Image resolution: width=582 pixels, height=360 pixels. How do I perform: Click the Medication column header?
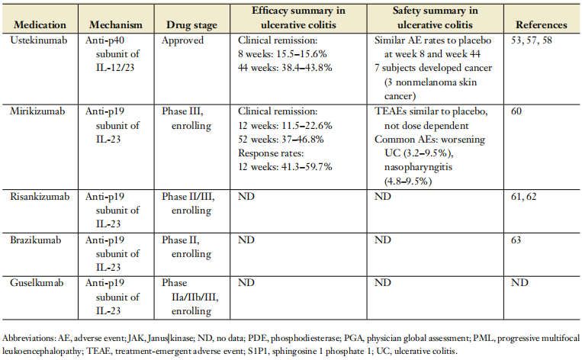click(x=40, y=25)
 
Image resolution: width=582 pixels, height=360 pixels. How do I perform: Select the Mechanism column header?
click(x=116, y=25)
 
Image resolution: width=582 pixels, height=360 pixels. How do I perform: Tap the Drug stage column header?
click(x=191, y=25)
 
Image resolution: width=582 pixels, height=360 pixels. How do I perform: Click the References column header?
click(x=541, y=25)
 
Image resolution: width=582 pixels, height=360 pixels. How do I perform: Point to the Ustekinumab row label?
click(x=39, y=40)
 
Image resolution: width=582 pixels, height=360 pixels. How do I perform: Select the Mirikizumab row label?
click(x=37, y=111)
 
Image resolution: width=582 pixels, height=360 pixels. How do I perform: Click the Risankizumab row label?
click(x=40, y=196)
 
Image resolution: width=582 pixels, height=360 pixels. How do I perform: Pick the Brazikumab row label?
click(x=36, y=239)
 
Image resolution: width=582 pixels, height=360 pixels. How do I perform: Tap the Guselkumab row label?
click(x=37, y=283)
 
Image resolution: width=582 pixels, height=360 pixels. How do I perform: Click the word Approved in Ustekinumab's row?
click(x=182, y=40)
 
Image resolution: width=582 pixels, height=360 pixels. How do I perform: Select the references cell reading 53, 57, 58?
click(x=532, y=40)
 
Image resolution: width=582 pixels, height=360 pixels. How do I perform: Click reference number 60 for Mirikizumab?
click(x=516, y=111)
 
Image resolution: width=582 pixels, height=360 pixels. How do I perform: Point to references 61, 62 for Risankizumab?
click(x=524, y=196)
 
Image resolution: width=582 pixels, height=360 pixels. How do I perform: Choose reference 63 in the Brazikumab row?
click(x=516, y=239)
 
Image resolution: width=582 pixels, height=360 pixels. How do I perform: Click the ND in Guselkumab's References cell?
click(x=519, y=283)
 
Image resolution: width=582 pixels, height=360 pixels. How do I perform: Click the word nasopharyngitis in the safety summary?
click(x=418, y=167)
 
